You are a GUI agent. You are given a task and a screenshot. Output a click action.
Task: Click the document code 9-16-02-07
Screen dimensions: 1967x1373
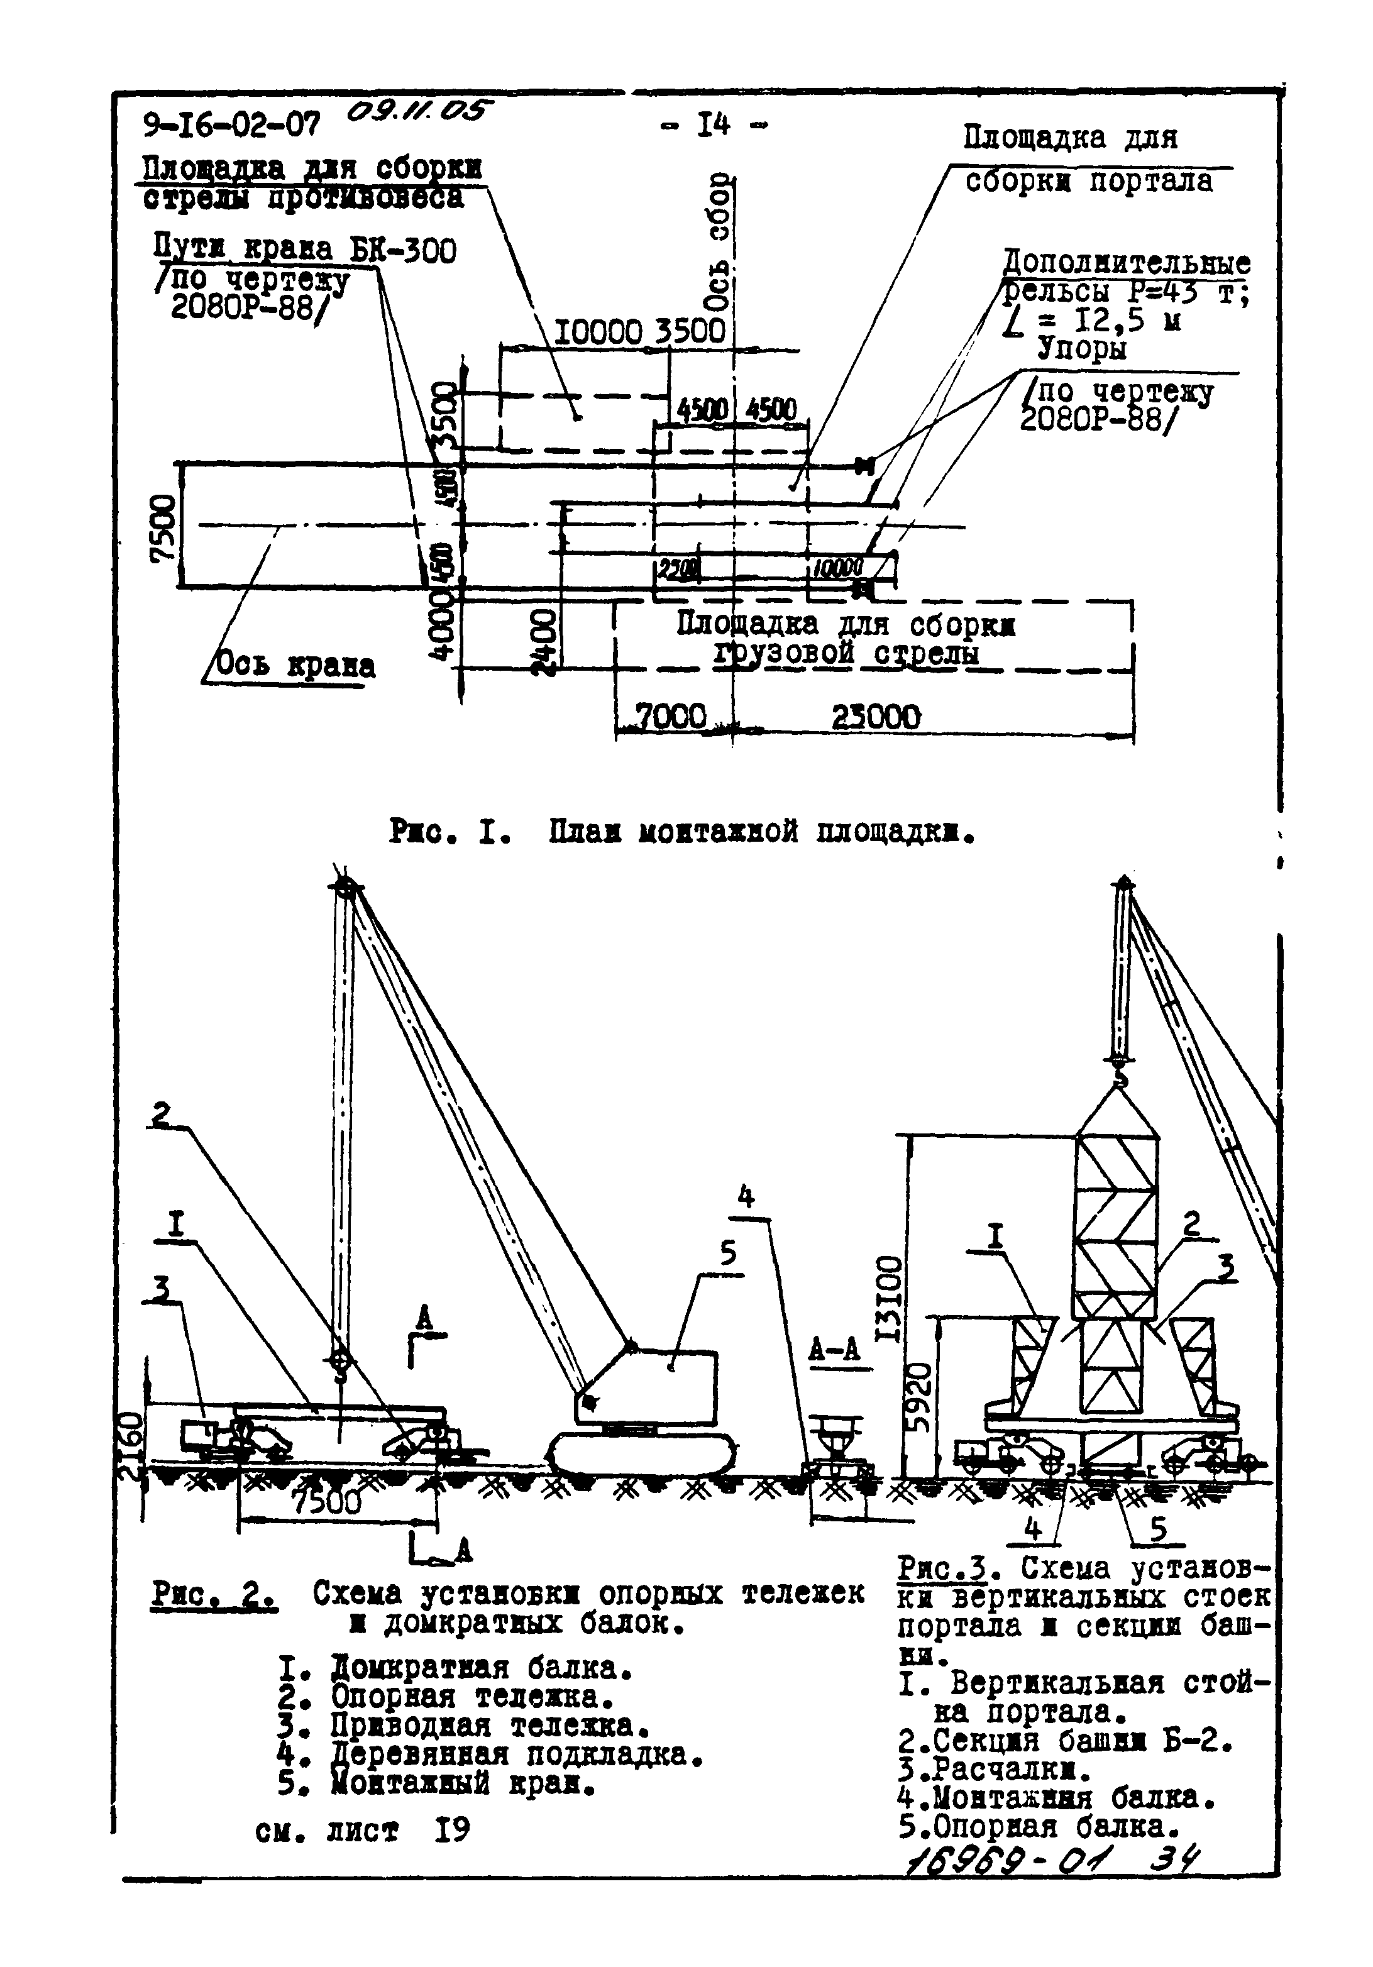click(232, 126)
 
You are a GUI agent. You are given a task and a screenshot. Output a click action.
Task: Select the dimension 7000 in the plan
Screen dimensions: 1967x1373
click(670, 715)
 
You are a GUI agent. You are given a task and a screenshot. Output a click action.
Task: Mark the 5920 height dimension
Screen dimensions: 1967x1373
click(919, 1396)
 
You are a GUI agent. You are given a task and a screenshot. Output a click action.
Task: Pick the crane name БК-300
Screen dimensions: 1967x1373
click(402, 250)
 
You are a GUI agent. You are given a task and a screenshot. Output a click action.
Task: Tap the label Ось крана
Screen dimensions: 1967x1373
click(294, 665)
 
